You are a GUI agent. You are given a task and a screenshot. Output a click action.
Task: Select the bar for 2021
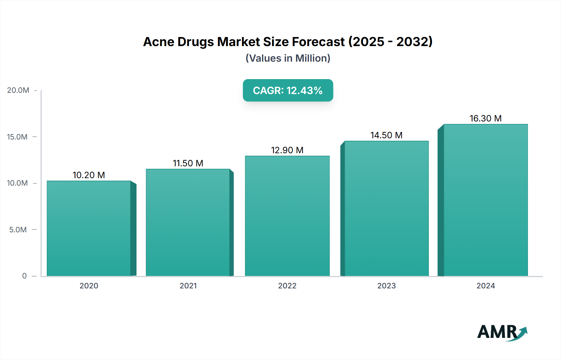(188, 222)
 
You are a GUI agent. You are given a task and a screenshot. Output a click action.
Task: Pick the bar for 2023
(386, 208)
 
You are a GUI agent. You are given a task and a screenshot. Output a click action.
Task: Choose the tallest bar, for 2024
(486, 200)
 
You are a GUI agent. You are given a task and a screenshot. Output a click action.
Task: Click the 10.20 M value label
(89, 175)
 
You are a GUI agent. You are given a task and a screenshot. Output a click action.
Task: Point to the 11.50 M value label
(188, 163)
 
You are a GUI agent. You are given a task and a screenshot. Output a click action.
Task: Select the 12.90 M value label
(287, 150)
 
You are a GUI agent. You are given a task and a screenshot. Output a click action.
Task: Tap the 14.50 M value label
(386, 135)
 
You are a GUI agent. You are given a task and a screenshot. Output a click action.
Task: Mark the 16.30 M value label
(486, 118)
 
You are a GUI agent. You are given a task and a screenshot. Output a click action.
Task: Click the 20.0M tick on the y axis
(18, 90)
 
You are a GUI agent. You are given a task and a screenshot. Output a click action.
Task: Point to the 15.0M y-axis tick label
(17, 137)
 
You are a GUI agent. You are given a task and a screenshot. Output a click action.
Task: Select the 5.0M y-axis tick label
(18, 230)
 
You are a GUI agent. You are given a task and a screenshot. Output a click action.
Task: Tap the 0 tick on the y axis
(24, 276)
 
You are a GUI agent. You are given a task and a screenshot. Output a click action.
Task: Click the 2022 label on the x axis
(287, 286)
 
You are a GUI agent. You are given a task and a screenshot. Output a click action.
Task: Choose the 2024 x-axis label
(486, 286)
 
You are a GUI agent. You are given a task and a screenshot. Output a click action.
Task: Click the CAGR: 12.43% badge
(288, 90)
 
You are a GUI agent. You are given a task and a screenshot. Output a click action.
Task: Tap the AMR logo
(502, 332)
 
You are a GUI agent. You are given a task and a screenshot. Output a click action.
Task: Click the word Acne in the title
(158, 42)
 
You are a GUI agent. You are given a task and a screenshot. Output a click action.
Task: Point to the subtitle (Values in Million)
(288, 58)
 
